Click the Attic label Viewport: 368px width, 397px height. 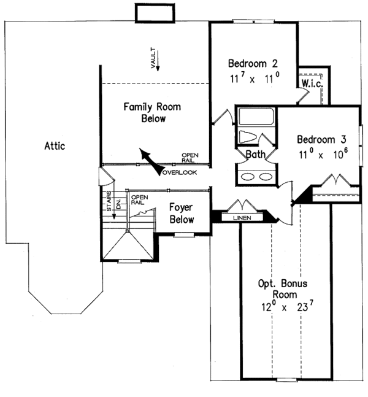[x=55, y=146]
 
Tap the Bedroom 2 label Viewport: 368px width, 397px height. [x=253, y=64]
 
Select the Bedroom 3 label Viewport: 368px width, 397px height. [x=321, y=139]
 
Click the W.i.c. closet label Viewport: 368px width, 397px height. [x=312, y=84]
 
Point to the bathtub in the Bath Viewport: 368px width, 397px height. [x=256, y=117]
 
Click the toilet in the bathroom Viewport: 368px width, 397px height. [x=248, y=137]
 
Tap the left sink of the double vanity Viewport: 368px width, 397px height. [x=248, y=177]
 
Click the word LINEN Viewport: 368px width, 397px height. [x=242, y=218]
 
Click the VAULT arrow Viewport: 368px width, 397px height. [x=158, y=61]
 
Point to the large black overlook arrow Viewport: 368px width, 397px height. [x=152, y=162]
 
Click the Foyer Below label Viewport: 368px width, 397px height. [x=182, y=214]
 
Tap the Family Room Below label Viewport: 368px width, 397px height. [x=152, y=113]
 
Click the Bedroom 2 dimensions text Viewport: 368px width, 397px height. [x=255, y=79]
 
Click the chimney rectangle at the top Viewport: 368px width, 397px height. [x=155, y=13]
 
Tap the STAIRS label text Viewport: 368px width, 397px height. [x=109, y=201]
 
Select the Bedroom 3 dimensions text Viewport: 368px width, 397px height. [x=323, y=153]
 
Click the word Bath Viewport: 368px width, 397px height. [x=256, y=154]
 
